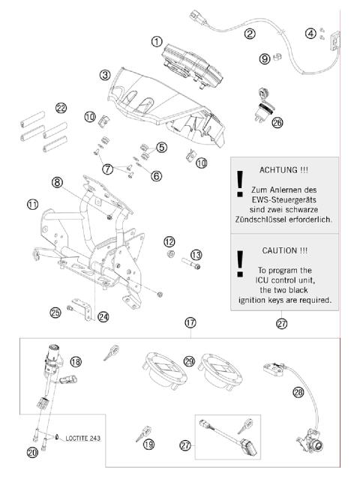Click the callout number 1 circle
tap(157, 42)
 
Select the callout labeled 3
tap(106, 75)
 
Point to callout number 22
tap(61, 109)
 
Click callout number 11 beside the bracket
tap(32, 204)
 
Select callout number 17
tap(190, 322)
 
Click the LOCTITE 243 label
tap(83, 436)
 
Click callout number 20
tap(31, 453)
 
